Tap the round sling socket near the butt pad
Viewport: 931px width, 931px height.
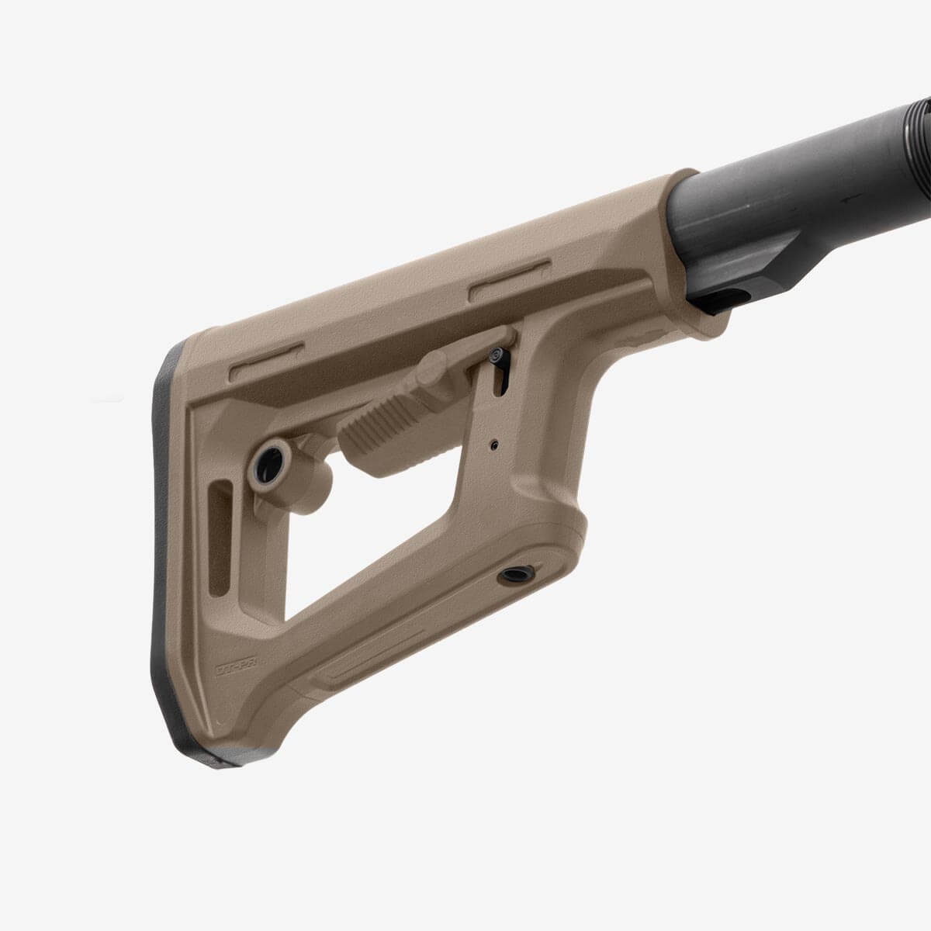click(x=268, y=464)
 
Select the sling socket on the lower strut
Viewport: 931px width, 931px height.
click(x=514, y=575)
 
